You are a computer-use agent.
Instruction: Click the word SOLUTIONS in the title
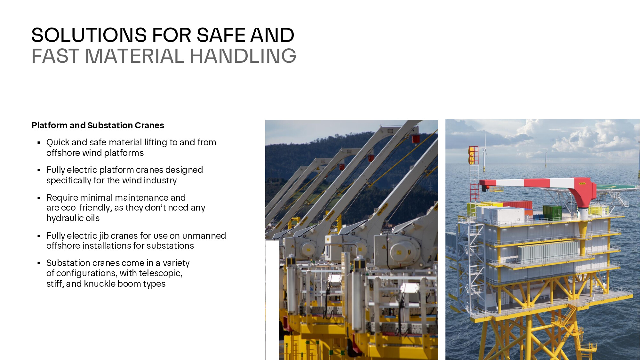[x=89, y=35]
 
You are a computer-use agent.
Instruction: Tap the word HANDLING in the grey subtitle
[x=243, y=56]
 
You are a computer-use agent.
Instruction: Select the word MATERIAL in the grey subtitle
[x=135, y=56]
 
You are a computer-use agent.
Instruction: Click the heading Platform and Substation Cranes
[x=98, y=125]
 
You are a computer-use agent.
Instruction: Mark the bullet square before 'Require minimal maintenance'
[x=39, y=198]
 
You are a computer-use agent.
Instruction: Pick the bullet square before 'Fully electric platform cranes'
[x=39, y=170]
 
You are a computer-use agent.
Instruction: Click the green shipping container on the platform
[x=552, y=212]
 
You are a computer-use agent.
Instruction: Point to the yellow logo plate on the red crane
[x=582, y=183]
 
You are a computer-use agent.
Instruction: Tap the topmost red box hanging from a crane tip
[x=416, y=139]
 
